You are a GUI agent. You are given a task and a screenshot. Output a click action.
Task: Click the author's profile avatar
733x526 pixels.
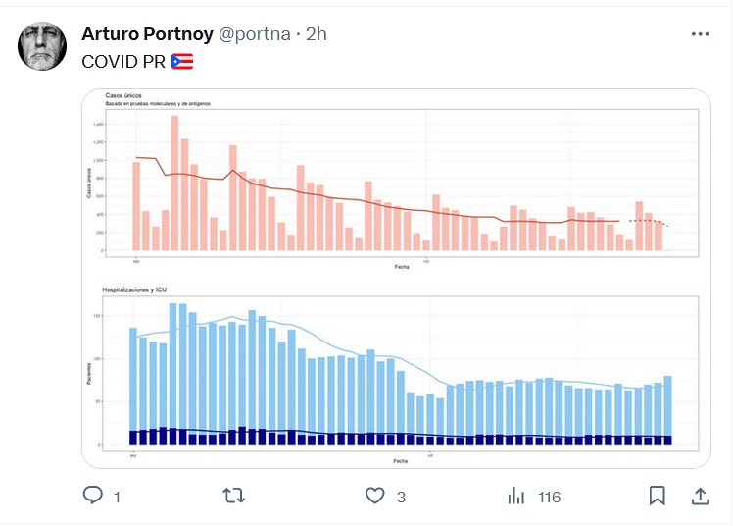43,46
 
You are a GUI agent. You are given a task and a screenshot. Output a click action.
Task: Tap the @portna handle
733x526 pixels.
254,33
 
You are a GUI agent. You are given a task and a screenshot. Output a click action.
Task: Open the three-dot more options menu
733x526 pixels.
700,33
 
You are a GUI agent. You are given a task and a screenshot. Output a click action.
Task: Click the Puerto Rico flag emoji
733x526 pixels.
182,61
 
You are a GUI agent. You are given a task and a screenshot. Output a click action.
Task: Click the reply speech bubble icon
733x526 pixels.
93,496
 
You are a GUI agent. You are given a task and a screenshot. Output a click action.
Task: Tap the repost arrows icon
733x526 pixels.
234,496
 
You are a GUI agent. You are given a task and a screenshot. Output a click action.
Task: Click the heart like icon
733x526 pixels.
374,496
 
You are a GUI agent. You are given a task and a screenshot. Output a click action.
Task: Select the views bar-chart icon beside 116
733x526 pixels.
516,496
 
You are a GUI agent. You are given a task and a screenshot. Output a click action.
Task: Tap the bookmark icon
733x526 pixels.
658,496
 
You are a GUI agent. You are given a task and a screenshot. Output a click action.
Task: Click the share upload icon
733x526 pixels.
701,496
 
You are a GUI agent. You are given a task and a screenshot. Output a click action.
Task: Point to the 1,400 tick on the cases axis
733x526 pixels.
97,126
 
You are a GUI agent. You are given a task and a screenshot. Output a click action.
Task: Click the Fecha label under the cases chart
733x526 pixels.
402,267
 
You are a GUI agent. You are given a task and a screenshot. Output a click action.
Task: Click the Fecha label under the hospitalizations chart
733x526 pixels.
400,460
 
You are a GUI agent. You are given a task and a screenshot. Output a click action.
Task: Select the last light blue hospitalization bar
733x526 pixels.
668,409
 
